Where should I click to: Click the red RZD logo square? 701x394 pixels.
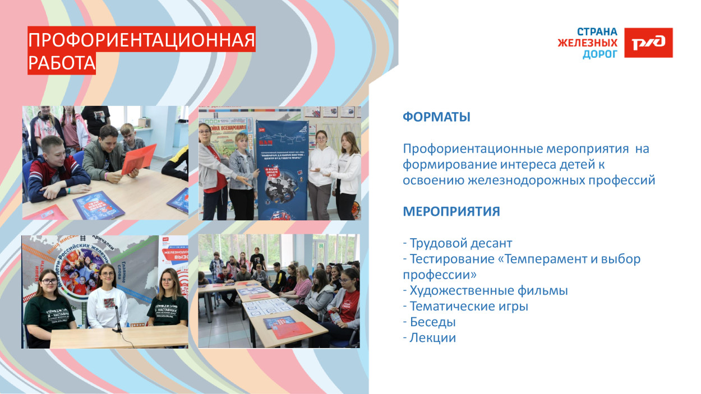(x=649, y=43)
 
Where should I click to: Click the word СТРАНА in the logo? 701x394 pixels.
(x=597, y=32)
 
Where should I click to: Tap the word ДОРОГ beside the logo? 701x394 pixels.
(x=599, y=54)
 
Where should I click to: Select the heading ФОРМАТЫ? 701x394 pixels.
(x=436, y=117)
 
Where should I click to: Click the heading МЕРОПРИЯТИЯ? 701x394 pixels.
(x=451, y=212)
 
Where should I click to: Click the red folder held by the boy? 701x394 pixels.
(x=139, y=158)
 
